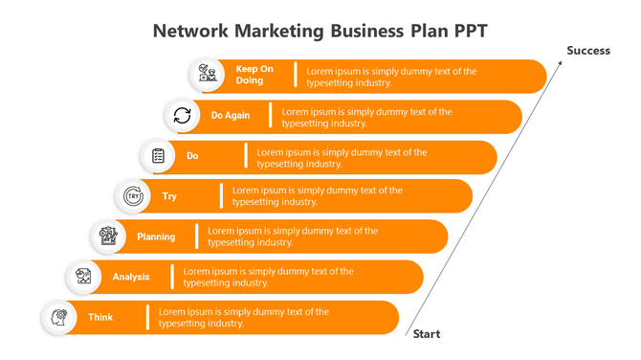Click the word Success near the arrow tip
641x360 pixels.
(587, 51)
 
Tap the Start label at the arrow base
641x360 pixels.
(426, 334)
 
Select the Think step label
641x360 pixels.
(100, 317)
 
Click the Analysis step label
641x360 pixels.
(131, 277)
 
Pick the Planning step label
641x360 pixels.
(156, 236)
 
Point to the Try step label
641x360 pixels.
(169, 196)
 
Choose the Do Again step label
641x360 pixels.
(231, 116)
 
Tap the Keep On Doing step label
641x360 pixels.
(254, 75)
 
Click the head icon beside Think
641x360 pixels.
(59, 317)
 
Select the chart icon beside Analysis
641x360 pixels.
(84, 277)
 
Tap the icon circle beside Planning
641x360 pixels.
(109, 236)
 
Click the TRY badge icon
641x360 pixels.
(133, 196)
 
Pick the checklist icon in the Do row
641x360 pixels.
(158, 156)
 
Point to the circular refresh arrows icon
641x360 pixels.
(182, 116)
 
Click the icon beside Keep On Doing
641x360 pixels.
(207, 75)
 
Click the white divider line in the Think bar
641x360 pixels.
(147, 317)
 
